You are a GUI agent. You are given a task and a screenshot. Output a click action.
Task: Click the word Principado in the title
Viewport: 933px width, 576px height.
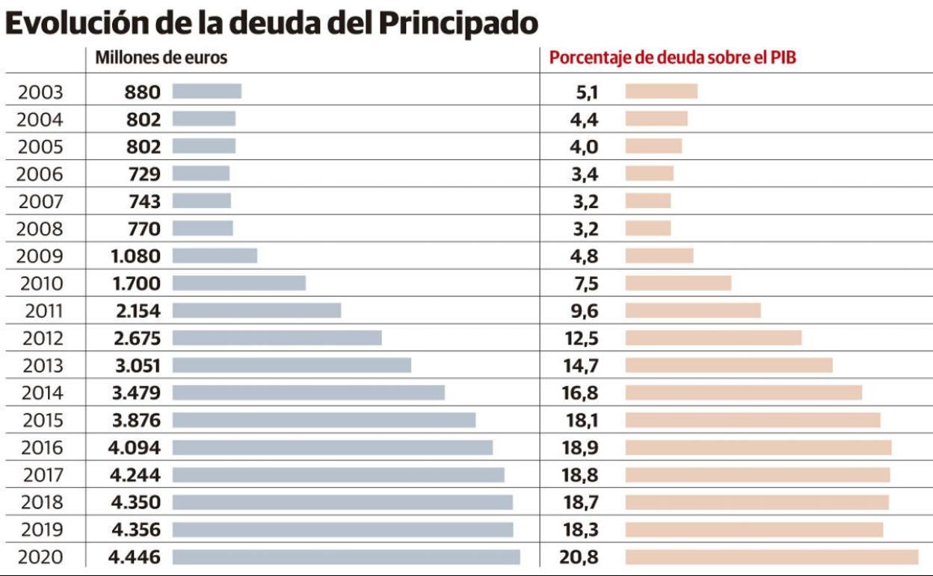tap(458, 24)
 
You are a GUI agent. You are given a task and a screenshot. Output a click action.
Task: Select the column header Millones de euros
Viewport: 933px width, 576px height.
tap(161, 58)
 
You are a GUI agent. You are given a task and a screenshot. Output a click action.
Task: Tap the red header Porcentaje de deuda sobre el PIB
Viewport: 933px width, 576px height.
tap(673, 58)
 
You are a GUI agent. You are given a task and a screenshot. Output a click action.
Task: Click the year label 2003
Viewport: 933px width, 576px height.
tap(41, 92)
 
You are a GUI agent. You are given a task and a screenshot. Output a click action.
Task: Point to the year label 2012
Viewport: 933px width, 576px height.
tap(43, 338)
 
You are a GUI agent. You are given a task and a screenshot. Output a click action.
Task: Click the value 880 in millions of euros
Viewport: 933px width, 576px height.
tap(142, 92)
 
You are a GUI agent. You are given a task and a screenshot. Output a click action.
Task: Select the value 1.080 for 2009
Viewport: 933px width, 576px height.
tap(135, 256)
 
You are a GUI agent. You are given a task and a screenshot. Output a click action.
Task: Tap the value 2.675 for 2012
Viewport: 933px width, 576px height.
tap(137, 338)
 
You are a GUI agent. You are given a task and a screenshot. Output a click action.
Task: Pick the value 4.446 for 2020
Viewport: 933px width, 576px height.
tap(135, 557)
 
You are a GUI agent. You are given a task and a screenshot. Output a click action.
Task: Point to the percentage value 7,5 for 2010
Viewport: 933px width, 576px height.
tap(585, 284)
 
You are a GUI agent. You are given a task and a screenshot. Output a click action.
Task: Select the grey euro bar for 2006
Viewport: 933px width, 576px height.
tap(201, 174)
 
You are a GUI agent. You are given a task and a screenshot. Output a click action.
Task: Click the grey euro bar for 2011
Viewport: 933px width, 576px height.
tap(256, 310)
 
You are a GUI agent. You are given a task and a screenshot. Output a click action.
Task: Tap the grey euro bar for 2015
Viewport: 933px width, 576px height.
tap(324, 420)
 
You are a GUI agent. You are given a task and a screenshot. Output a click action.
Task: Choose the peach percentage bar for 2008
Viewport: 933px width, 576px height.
tap(648, 228)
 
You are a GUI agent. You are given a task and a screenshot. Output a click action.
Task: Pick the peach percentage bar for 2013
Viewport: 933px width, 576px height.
tap(729, 365)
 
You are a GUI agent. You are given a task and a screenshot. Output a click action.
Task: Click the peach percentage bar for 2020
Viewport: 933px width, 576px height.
tap(772, 557)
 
